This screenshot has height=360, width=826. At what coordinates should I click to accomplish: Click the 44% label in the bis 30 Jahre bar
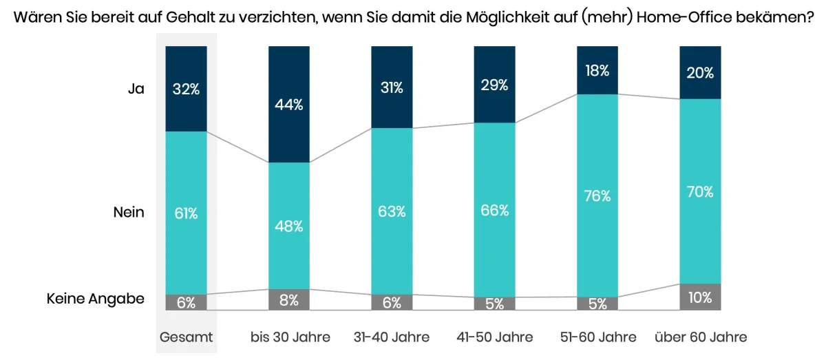[x=289, y=105]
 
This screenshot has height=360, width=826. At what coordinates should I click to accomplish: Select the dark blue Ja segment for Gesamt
[x=186, y=88]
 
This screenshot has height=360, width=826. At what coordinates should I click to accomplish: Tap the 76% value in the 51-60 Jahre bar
[x=597, y=195]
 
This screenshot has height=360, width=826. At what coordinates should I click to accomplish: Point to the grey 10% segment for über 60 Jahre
[x=700, y=297]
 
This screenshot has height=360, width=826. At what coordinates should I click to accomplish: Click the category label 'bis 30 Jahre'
[x=290, y=337]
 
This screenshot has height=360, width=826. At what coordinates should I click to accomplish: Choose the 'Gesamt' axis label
[x=186, y=337]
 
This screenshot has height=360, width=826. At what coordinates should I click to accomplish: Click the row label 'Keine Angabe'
[x=96, y=299]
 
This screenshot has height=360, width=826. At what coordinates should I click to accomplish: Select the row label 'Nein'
[x=129, y=212]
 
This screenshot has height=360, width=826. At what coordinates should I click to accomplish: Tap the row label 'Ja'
[x=136, y=88]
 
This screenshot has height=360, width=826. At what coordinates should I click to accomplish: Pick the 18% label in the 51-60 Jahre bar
[x=597, y=70]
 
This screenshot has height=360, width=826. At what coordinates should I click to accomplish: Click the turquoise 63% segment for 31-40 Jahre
[x=392, y=211]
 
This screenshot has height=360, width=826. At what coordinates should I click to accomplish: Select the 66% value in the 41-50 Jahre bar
[x=494, y=210]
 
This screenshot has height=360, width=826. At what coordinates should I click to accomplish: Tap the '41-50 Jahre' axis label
[x=494, y=337]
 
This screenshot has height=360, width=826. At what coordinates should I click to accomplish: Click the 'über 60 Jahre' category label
[x=700, y=337]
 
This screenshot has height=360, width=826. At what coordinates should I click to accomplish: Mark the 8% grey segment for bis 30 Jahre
[x=289, y=299]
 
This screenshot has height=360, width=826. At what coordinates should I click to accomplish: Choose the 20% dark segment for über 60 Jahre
[x=700, y=72]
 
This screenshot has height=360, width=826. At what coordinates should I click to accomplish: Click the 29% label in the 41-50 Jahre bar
[x=494, y=85]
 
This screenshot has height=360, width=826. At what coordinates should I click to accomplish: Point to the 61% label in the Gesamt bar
[x=186, y=213]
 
